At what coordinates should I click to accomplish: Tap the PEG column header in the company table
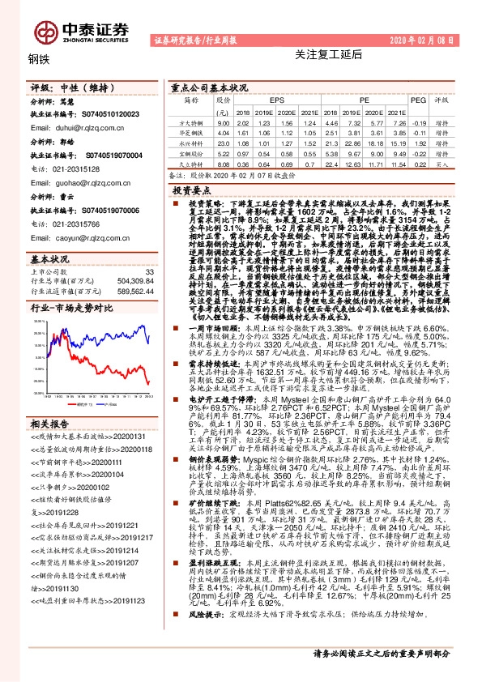[417, 100]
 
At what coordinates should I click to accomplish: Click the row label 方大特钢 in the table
[190, 121]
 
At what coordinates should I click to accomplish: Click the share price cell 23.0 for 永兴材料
[224, 143]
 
